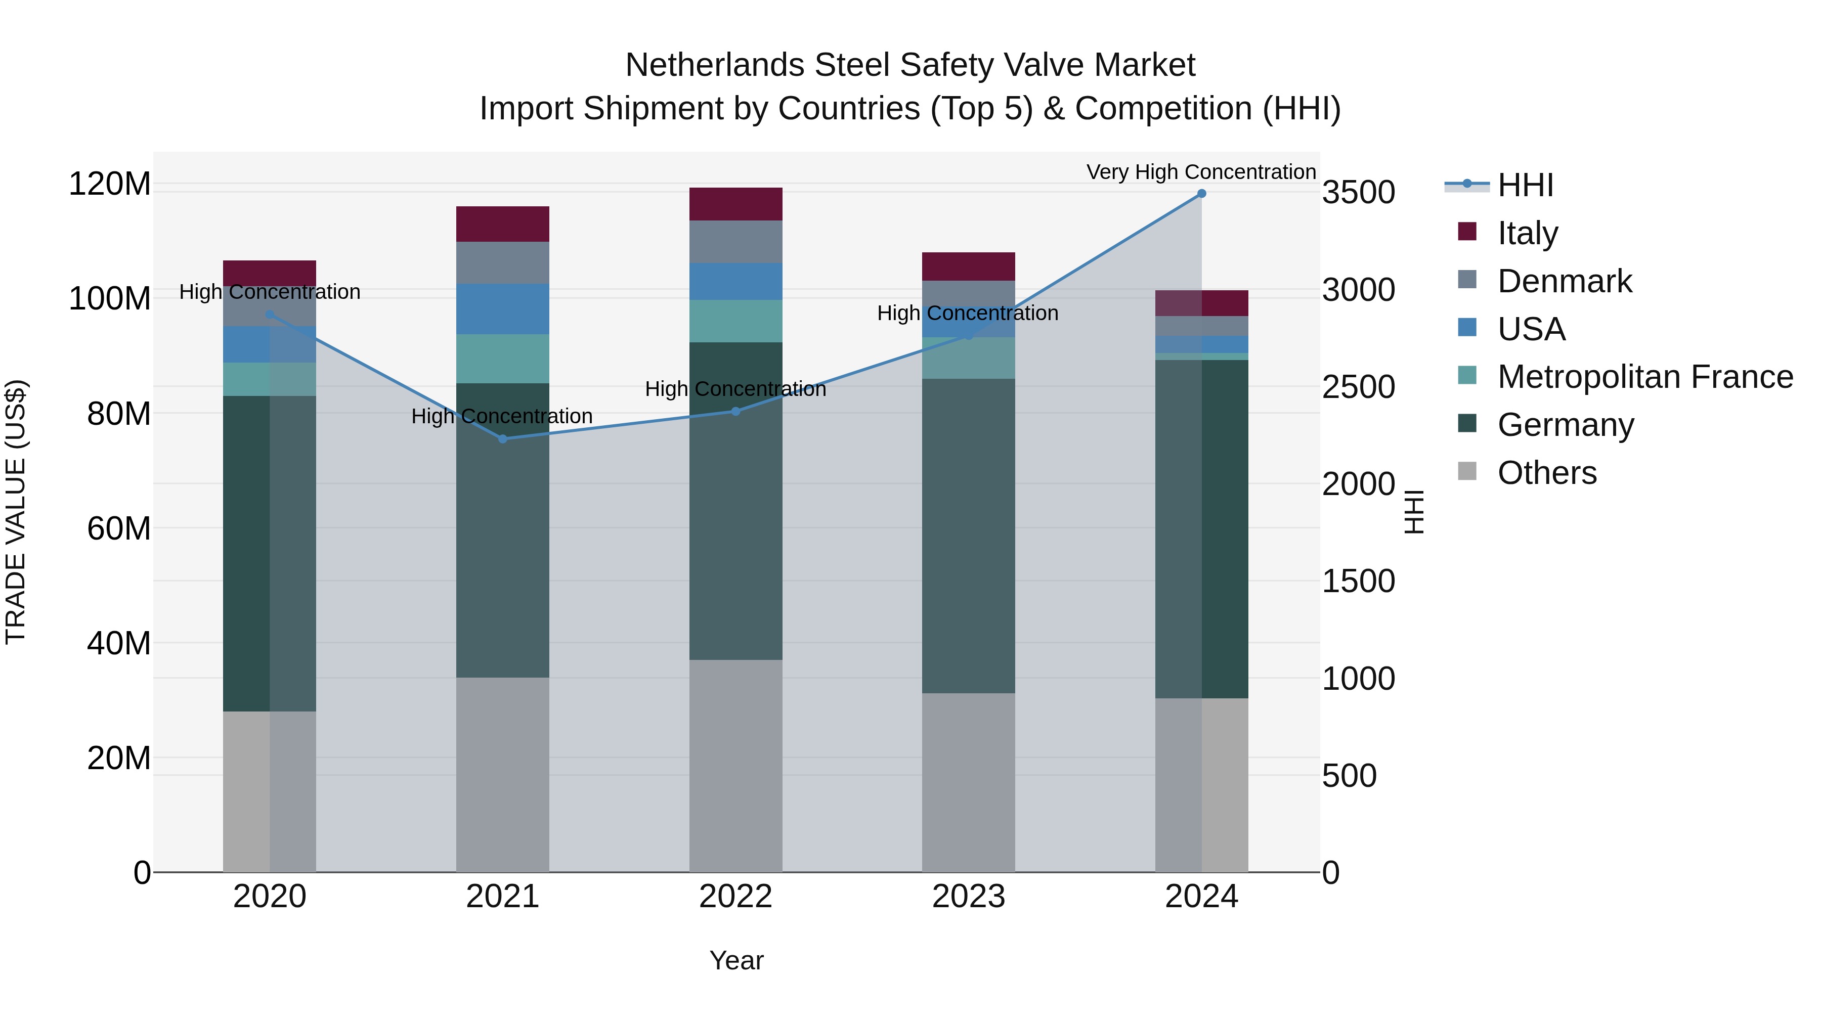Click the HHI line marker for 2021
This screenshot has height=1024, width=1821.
(x=503, y=439)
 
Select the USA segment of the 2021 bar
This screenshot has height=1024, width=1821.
(x=503, y=309)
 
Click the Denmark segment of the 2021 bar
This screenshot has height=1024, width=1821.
(x=503, y=263)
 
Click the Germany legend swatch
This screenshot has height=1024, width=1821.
(x=1467, y=424)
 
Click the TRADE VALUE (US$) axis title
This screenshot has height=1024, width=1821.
(x=16, y=512)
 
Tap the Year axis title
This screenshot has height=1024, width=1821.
(x=736, y=960)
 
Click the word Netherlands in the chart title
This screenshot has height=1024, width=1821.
(x=714, y=65)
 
